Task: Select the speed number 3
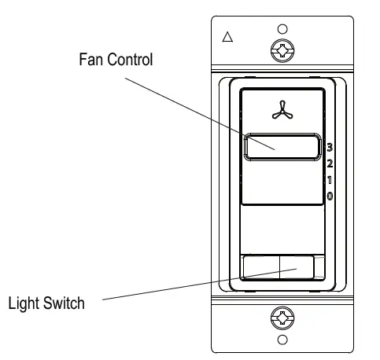point(330,146)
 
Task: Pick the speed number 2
point(330,163)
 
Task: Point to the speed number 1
point(330,179)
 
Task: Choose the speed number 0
point(330,195)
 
